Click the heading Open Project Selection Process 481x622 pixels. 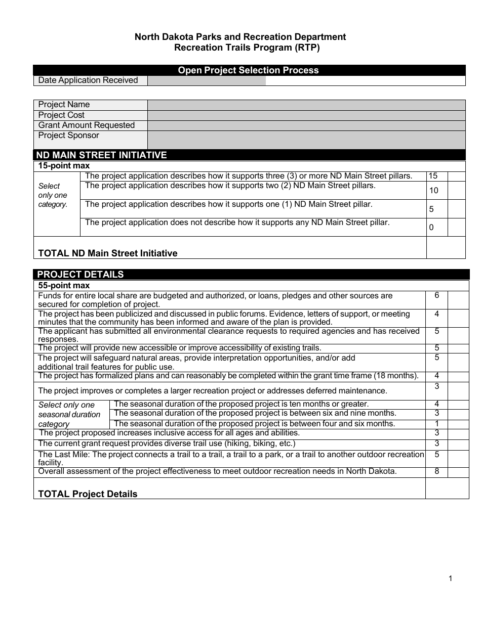[x=248, y=70]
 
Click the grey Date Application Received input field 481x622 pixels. [x=206, y=80]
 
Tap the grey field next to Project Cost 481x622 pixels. [x=306, y=115]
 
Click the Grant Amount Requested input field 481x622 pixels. [x=306, y=125]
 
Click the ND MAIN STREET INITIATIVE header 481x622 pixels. [x=102, y=155]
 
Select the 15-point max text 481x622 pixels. [x=64, y=166]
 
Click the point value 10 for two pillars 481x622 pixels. [x=433, y=191]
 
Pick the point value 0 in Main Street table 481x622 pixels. [x=431, y=228]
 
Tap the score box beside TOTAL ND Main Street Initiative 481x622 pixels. [x=446, y=248]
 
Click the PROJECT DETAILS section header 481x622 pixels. [x=81, y=275]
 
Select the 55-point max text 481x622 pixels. [x=64, y=286]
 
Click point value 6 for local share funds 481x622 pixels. [x=436, y=295]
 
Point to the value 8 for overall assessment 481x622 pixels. [x=436, y=472]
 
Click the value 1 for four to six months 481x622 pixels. [x=436, y=424]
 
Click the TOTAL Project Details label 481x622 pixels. [x=88, y=494]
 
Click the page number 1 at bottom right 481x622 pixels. [x=450, y=579]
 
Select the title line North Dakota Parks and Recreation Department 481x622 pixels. [x=240, y=37]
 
